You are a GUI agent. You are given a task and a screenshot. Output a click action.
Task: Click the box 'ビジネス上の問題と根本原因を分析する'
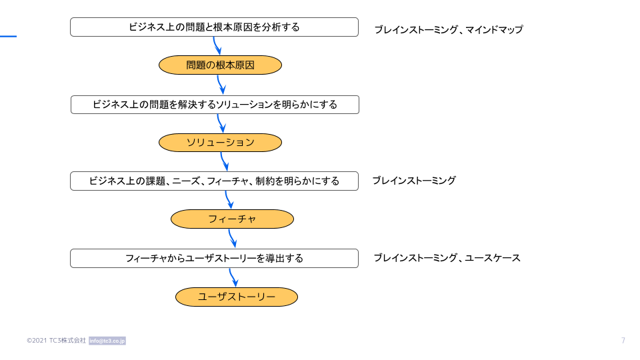pyautogui.click(x=214, y=27)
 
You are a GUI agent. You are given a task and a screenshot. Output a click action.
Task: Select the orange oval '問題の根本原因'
pyautogui.click(x=221, y=65)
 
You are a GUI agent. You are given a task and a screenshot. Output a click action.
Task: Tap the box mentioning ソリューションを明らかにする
pyautogui.click(x=215, y=105)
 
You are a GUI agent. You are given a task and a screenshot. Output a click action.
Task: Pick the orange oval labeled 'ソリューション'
pyautogui.click(x=221, y=143)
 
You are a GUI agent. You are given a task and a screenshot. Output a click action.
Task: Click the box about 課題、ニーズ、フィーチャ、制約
pyautogui.click(x=214, y=181)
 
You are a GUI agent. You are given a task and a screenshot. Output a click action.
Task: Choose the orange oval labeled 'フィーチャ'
pyautogui.click(x=232, y=219)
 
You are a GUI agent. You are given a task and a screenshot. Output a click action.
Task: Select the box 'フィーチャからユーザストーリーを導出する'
pyautogui.click(x=214, y=259)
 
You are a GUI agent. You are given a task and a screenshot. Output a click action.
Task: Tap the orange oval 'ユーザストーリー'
pyautogui.click(x=237, y=297)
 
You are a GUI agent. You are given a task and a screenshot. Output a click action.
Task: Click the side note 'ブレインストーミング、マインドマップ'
pyautogui.click(x=449, y=29)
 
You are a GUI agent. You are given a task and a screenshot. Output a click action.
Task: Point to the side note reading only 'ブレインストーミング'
pyautogui.click(x=414, y=181)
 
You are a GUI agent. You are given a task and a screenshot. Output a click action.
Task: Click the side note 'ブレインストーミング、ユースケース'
pyautogui.click(x=447, y=258)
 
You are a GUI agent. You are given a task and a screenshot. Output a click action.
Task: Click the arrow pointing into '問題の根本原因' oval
pyautogui.click(x=217, y=46)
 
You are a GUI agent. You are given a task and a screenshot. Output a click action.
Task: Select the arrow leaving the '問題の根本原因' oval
pyautogui.click(x=221, y=85)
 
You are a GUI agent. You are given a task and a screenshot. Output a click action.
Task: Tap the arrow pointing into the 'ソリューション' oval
pyautogui.click(x=221, y=123)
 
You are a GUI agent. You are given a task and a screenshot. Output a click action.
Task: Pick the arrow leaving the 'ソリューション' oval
pyautogui.click(x=224, y=161)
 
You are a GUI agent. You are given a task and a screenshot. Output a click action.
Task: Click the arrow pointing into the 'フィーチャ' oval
pyautogui.click(x=229, y=200)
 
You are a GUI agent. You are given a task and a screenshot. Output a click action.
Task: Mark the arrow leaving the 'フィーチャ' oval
pyautogui.click(x=232, y=239)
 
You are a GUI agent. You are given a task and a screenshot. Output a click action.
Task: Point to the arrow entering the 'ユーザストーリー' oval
pyautogui.click(x=233, y=277)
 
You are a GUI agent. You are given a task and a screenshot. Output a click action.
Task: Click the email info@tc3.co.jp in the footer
pyautogui.click(x=107, y=341)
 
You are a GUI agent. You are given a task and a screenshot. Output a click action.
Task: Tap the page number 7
pyautogui.click(x=623, y=341)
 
